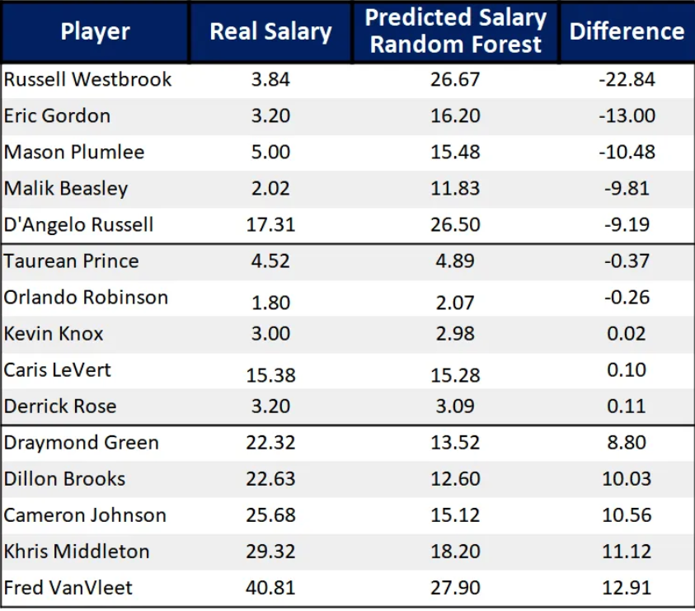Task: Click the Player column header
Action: [95, 32]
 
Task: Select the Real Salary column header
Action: [270, 32]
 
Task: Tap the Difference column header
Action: [627, 32]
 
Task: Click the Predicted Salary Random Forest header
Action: [455, 31]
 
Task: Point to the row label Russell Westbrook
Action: [88, 80]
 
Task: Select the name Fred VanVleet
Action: [68, 588]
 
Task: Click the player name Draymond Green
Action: [81, 443]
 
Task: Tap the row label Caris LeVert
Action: [58, 370]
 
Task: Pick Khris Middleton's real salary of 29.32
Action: [270, 552]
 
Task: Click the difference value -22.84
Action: [627, 80]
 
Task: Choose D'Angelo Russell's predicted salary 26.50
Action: [455, 225]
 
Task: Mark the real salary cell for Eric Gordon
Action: [270, 116]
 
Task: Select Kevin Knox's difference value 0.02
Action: [627, 334]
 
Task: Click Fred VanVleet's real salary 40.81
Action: [270, 588]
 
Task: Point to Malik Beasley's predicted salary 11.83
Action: [455, 189]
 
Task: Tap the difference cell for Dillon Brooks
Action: [627, 479]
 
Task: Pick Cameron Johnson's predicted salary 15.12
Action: [455, 515]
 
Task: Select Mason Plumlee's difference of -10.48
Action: [627, 153]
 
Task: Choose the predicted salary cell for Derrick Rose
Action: [455, 407]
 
